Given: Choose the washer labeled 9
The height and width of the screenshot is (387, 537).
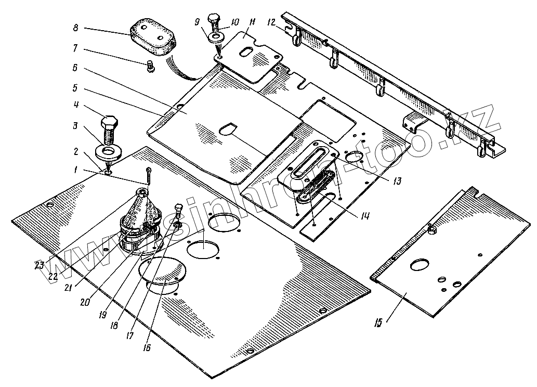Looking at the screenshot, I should click(x=215, y=37).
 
